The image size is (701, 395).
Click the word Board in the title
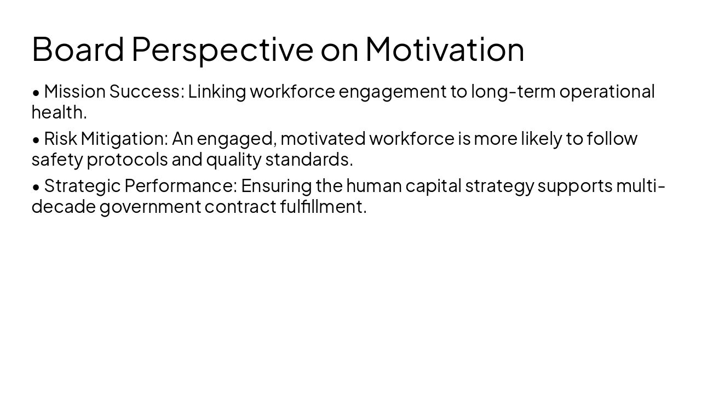pos(78,49)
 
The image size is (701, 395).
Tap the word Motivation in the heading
pos(445,49)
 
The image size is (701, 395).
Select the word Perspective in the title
pos(222,49)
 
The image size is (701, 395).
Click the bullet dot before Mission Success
pos(36,93)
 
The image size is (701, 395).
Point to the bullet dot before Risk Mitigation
pos(36,140)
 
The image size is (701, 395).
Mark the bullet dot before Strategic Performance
pos(36,187)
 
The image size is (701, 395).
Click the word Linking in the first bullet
pos(217,92)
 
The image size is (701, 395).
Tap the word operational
pos(607,92)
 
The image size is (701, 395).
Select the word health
pos(59,112)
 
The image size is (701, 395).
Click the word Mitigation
pos(124,139)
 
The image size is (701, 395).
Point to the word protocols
pos(127,160)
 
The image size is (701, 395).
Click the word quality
pos(233,160)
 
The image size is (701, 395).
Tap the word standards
pos(309,160)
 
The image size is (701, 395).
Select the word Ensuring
pos(276,186)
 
